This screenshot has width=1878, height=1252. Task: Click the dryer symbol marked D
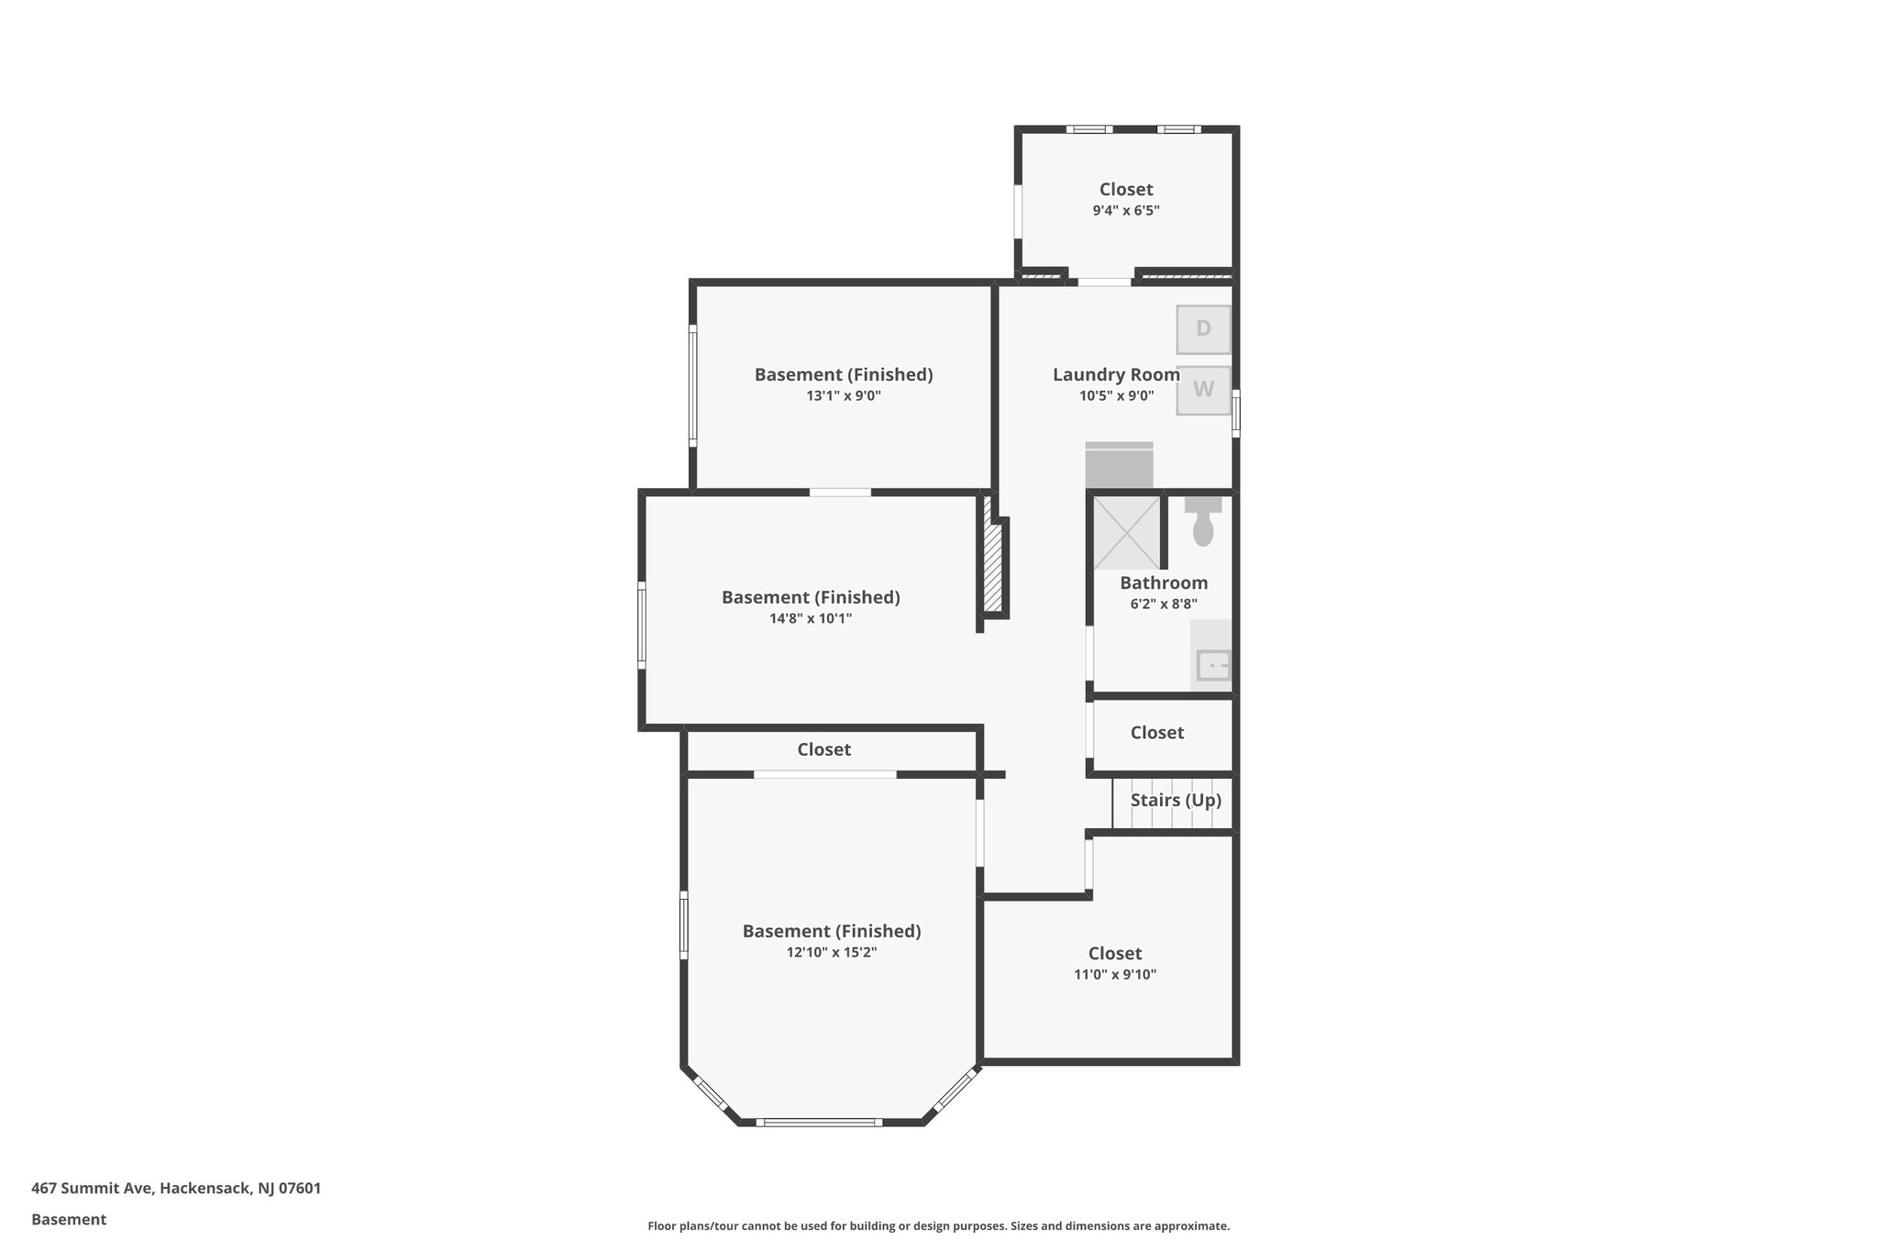(1203, 329)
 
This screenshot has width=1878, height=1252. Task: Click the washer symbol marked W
(1203, 390)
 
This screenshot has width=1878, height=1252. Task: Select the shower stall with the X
(1127, 533)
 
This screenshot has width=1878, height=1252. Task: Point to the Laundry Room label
(1116, 374)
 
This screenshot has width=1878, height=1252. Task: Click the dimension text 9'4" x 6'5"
(1125, 210)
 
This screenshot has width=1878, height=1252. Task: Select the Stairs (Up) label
(1175, 800)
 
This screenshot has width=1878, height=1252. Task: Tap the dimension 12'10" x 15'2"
(831, 952)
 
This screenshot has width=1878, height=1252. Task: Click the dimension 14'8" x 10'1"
(811, 618)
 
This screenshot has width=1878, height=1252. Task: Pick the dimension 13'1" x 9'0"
(843, 395)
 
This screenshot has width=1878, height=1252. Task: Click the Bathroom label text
(1163, 582)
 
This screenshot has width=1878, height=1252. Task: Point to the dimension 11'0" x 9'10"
(1114, 974)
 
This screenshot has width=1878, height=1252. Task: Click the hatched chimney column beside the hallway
(992, 567)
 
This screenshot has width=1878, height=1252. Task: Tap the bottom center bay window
(822, 1122)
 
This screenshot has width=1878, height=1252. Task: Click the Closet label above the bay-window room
(823, 749)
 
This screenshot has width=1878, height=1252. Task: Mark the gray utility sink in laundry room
(1119, 465)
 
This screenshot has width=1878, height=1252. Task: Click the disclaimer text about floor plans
(938, 1225)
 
